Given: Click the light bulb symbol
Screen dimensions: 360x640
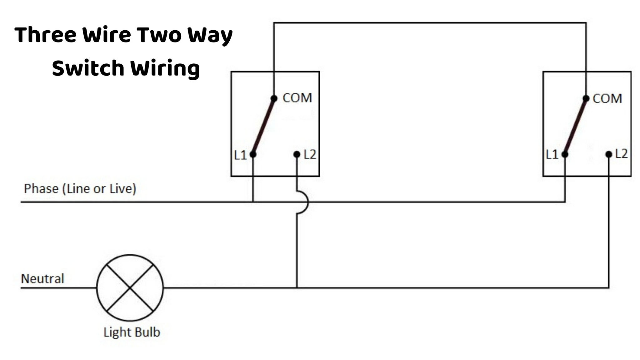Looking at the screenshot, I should (130, 288).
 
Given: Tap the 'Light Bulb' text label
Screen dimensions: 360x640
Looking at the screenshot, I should (132, 332).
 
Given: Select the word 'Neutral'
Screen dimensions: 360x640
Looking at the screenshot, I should (42, 278).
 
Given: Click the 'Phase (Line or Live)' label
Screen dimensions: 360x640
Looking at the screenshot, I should (80, 189).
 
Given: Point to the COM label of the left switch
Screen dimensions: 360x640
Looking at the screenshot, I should (297, 98).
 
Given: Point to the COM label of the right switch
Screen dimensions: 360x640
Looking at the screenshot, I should (607, 99).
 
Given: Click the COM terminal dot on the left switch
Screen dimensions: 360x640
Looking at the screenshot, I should (274, 99).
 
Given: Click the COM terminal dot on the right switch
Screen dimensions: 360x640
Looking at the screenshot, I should (586, 99).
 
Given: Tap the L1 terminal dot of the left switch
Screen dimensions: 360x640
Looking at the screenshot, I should (253, 154).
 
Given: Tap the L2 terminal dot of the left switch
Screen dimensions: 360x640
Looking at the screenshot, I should (297, 154).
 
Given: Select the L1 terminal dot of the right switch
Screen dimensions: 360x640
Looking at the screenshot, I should (565, 154).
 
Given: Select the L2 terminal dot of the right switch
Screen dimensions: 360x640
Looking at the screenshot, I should (608, 154).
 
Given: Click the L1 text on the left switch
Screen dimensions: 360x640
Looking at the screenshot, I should (240, 155).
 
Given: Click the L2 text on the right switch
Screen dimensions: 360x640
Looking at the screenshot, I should (621, 154).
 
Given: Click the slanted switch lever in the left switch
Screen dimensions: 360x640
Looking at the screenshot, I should (263, 127).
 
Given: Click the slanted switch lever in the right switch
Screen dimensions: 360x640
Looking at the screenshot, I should (575, 127).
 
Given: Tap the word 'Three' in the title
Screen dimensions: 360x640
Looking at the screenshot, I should (45, 35).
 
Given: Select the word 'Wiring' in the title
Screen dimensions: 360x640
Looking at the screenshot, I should (165, 68).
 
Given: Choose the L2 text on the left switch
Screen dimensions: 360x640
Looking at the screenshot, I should (310, 154).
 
